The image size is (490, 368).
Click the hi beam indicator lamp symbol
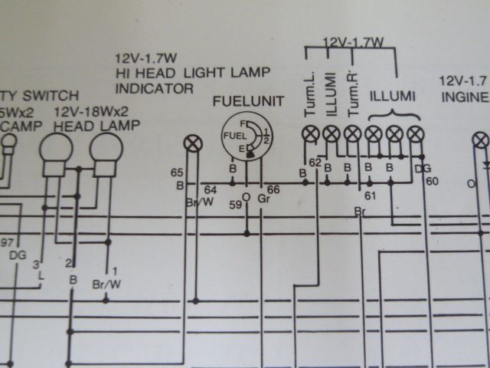click(194, 143)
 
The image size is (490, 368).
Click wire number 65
click(178, 173)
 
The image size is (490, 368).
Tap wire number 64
click(211, 189)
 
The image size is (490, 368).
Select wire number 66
click(274, 189)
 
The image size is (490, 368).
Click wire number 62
click(315, 163)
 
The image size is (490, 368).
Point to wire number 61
click(371, 196)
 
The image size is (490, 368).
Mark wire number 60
click(432, 181)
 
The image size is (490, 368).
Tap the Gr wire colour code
click(263, 199)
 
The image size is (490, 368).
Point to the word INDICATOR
click(154, 88)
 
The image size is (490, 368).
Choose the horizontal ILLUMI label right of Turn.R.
click(393, 96)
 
